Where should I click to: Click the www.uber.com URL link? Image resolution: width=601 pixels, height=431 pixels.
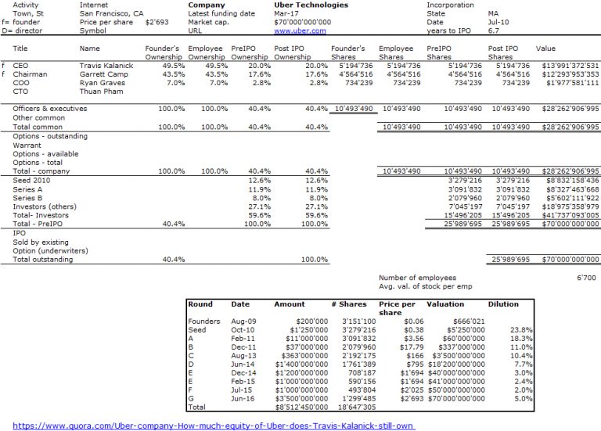tap(300, 31)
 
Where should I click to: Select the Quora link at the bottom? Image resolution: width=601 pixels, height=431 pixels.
tap(213, 426)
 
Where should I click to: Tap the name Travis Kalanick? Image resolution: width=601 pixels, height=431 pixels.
tap(106, 66)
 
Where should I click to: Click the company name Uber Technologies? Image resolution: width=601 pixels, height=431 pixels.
tap(311, 5)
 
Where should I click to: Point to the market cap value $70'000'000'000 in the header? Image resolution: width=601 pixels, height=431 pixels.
tap(302, 22)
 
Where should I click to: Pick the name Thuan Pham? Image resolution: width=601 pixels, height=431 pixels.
tap(101, 92)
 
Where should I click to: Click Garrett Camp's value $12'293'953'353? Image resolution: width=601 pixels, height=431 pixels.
tap(570, 74)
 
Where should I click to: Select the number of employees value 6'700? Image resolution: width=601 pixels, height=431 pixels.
tap(586, 278)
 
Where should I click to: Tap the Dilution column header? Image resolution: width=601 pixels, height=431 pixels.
tap(503, 304)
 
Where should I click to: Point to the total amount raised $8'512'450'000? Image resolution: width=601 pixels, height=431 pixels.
tap(301, 408)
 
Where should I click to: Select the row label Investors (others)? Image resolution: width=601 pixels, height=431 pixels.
tap(45, 207)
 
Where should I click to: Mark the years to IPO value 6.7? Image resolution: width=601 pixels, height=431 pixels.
tap(493, 31)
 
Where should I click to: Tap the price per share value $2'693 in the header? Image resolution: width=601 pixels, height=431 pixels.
tap(157, 22)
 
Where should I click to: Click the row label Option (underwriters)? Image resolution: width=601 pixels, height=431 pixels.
tap(50, 251)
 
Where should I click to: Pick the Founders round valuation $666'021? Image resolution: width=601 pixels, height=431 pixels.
tap(469, 321)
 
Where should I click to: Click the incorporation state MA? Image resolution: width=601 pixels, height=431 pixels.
tap(493, 13)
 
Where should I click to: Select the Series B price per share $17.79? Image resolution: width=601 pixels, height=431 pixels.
tap(412, 347)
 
